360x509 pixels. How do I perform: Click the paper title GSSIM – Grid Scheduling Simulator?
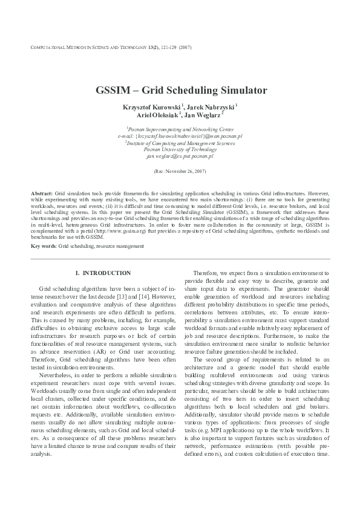[x=181, y=91]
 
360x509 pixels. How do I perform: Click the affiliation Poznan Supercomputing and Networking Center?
[x=180, y=129]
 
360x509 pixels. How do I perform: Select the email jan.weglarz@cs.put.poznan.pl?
[x=180, y=156]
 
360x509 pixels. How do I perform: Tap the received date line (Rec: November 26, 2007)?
[x=180, y=172]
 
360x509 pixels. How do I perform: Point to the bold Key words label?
[x=44, y=246]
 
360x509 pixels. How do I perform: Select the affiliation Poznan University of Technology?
[x=180, y=149]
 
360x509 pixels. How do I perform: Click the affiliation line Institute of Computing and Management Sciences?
[x=180, y=143]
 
